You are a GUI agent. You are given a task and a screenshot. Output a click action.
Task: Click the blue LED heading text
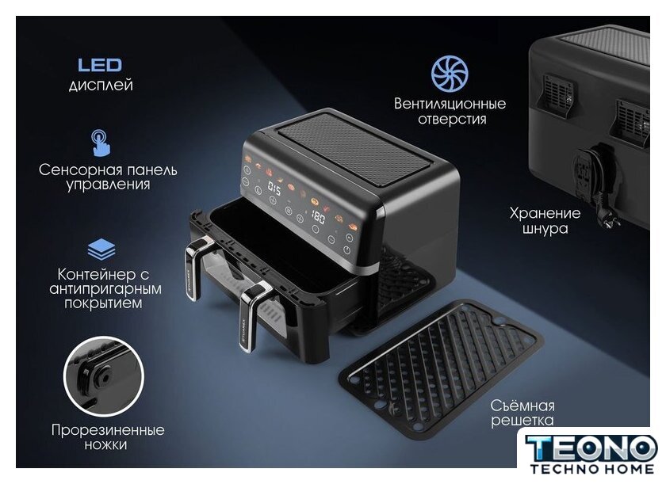click(x=100, y=65)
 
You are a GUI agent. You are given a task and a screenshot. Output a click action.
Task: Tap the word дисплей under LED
click(x=101, y=86)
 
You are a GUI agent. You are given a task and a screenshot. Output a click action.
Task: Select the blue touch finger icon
click(x=100, y=143)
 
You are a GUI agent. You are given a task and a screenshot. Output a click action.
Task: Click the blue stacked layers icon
click(x=101, y=250)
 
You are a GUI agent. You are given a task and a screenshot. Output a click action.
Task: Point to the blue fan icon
click(x=450, y=74)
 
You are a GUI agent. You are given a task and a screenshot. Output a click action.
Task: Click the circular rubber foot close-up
click(x=104, y=376)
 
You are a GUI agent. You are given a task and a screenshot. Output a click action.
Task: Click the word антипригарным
click(x=105, y=289)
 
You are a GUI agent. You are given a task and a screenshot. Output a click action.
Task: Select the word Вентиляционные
click(x=450, y=104)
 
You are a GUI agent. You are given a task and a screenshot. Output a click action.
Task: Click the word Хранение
click(x=545, y=213)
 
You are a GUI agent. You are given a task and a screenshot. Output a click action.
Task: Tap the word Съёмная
click(x=522, y=406)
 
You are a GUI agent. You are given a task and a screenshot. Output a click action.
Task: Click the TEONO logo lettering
click(x=591, y=448)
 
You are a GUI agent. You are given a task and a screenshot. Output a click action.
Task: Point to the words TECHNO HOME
click(x=592, y=469)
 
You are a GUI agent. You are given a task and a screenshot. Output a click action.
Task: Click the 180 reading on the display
click(x=318, y=217)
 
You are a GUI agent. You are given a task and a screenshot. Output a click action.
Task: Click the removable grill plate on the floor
click(x=441, y=368)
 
